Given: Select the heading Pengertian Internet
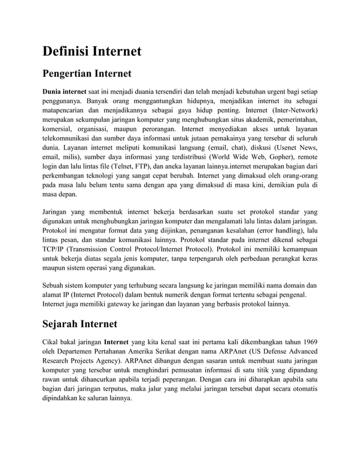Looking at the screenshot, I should pos(87,73).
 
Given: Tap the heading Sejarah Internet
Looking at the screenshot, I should pos(80,324).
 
